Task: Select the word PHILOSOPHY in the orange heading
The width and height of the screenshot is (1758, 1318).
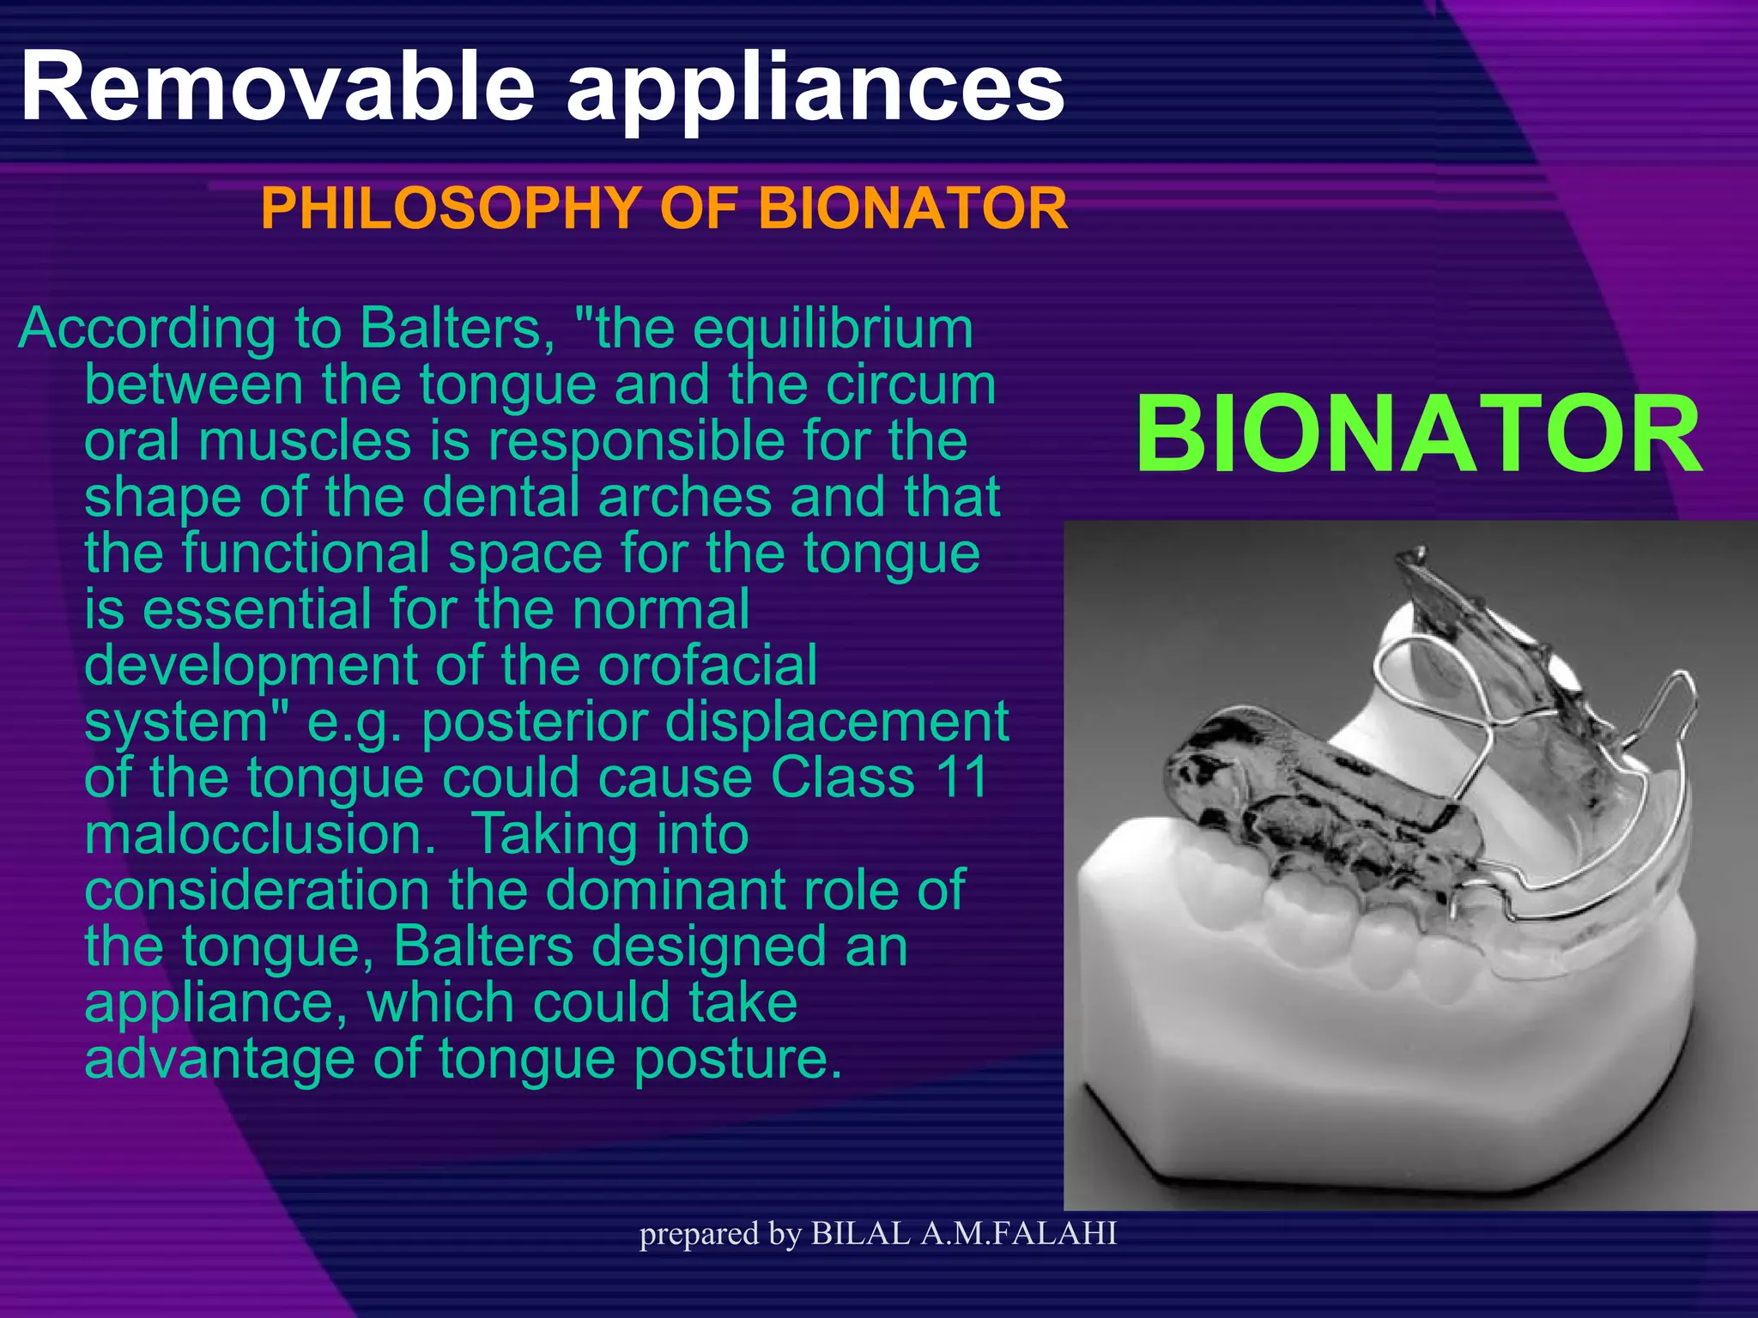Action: (x=450, y=209)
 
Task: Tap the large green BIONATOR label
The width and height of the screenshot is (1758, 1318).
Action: (x=1418, y=435)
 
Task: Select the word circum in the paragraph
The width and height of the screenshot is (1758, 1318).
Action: (x=910, y=385)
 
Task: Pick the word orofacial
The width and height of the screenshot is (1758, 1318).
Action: (x=707, y=666)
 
